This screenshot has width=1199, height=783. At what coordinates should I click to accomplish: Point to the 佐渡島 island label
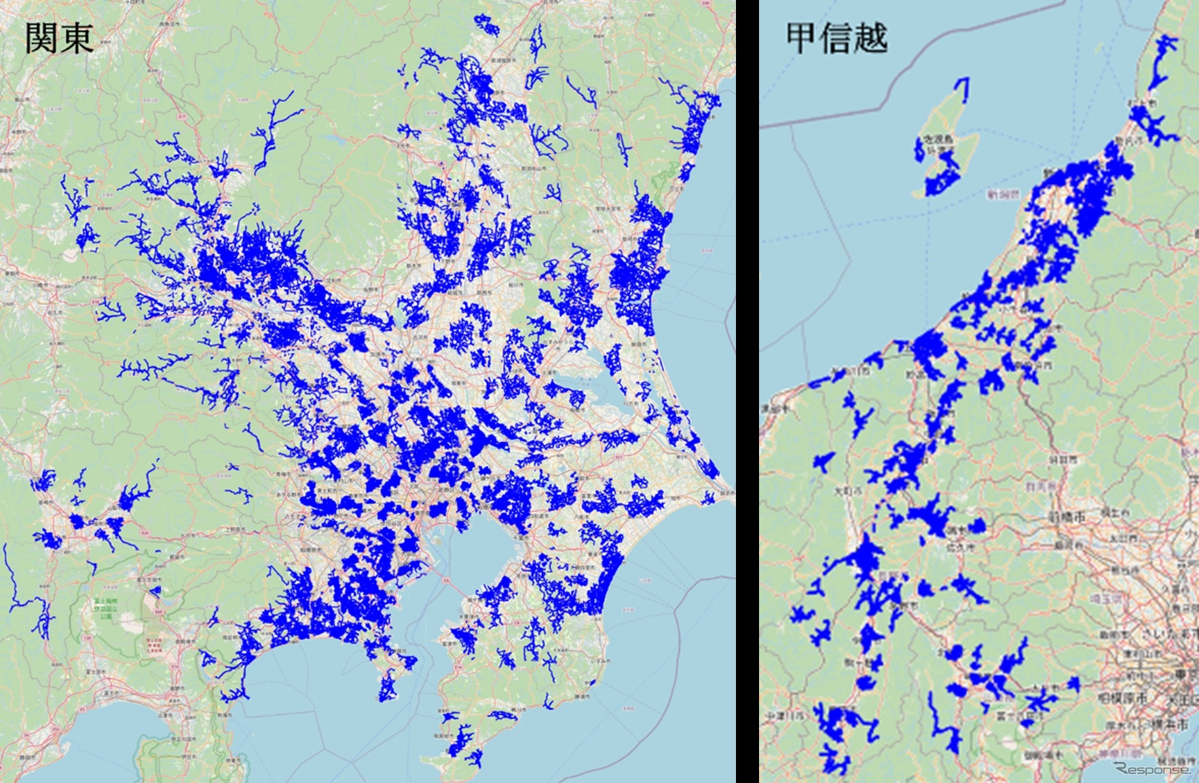(938, 139)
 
